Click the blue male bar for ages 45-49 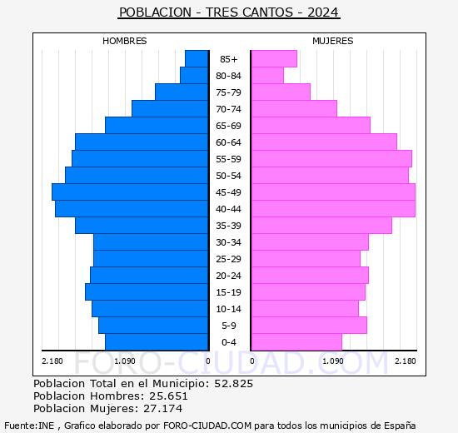tap(130, 192)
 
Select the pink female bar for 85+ tap(274, 59)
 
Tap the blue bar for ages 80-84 tap(194, 76)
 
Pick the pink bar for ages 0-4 tap(296, 342)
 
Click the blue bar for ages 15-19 tap(147, 292)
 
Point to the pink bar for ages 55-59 tap(331, 159)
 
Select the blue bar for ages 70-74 tap(170, 109)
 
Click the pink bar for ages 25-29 tap(306, 259)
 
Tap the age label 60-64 tap(228, 142)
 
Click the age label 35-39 tap(228, 226)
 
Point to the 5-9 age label tap(228, 326)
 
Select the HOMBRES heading tap(124, 41)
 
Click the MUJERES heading tap(333, 41)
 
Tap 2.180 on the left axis tap(52, 361)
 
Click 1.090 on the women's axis tap(333, 361)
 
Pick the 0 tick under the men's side tap(207, 361)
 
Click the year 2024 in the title tap(323, 12)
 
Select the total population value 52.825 tap(234, 383)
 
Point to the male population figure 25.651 tap(168, 396)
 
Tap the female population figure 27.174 tap(162, 409)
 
